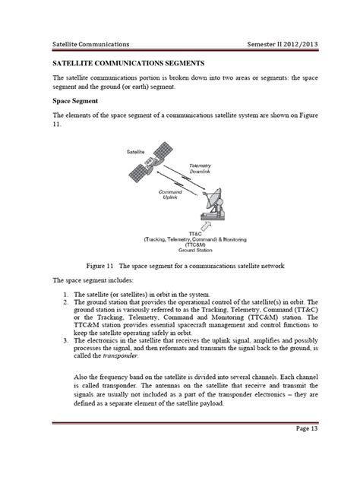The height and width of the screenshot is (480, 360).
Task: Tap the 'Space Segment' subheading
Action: click(x=74, y=100)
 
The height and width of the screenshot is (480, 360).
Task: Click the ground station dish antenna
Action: click(x=213, y=204)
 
